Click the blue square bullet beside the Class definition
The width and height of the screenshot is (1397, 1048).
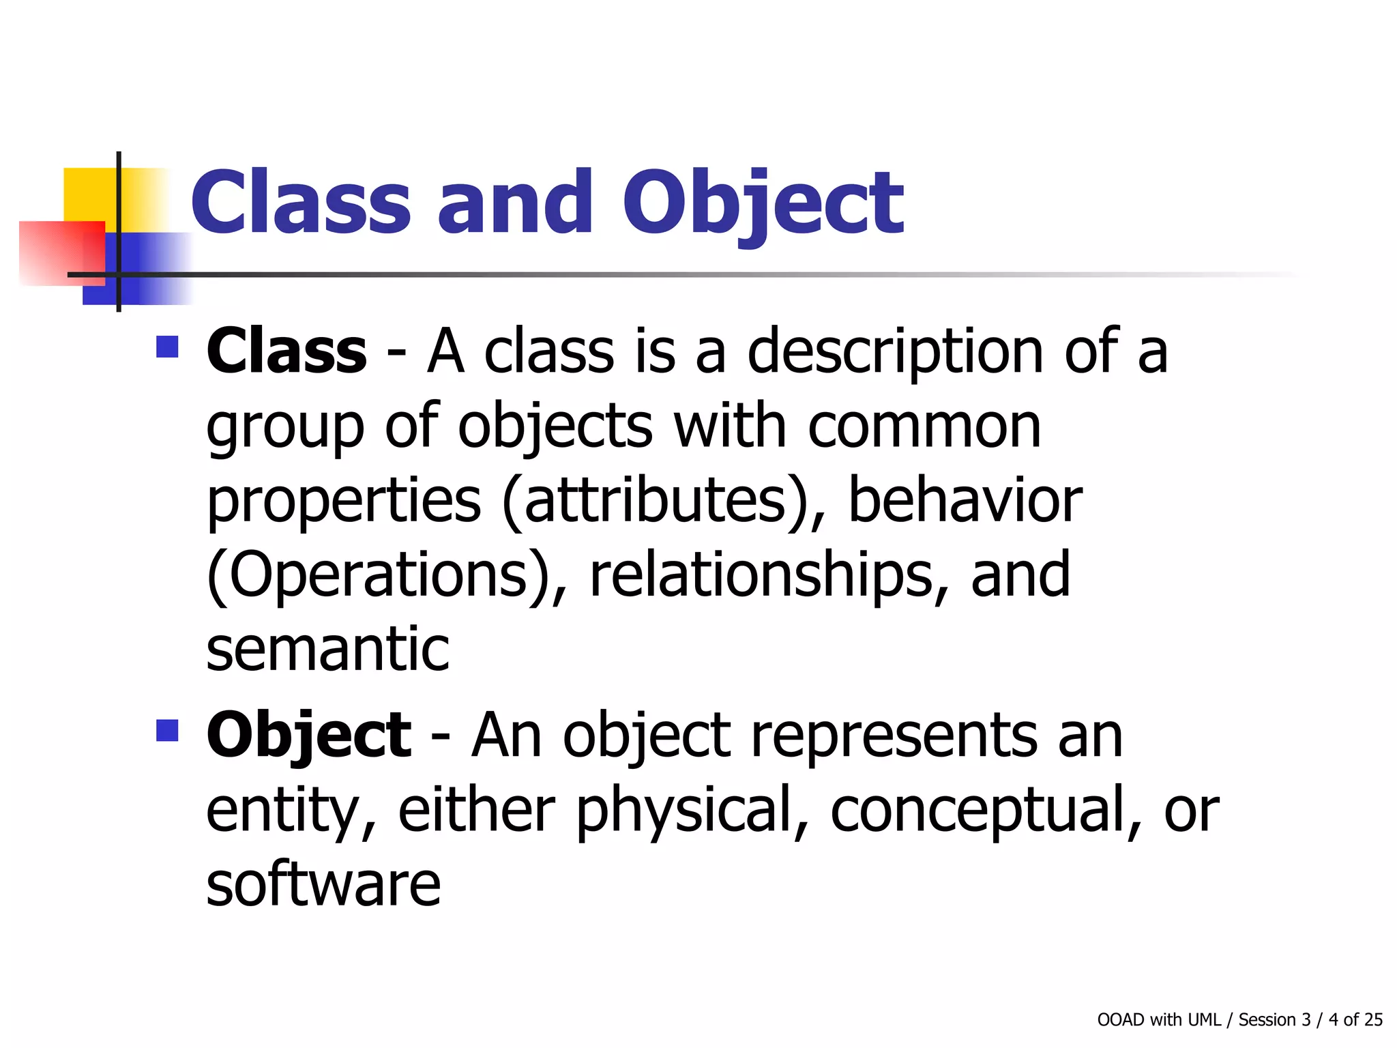(x=167, y=347)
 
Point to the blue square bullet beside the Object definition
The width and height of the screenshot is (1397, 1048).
(x=167, y=731)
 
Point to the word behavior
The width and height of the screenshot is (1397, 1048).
(x=965, y=501)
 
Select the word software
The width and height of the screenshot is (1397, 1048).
(x=323, y=884)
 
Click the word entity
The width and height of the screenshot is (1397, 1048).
(x=291, y=811)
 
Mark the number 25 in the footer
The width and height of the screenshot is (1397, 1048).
(x=1373, y=1019)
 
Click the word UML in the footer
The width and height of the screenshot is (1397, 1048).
(x=1204, y=1019)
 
